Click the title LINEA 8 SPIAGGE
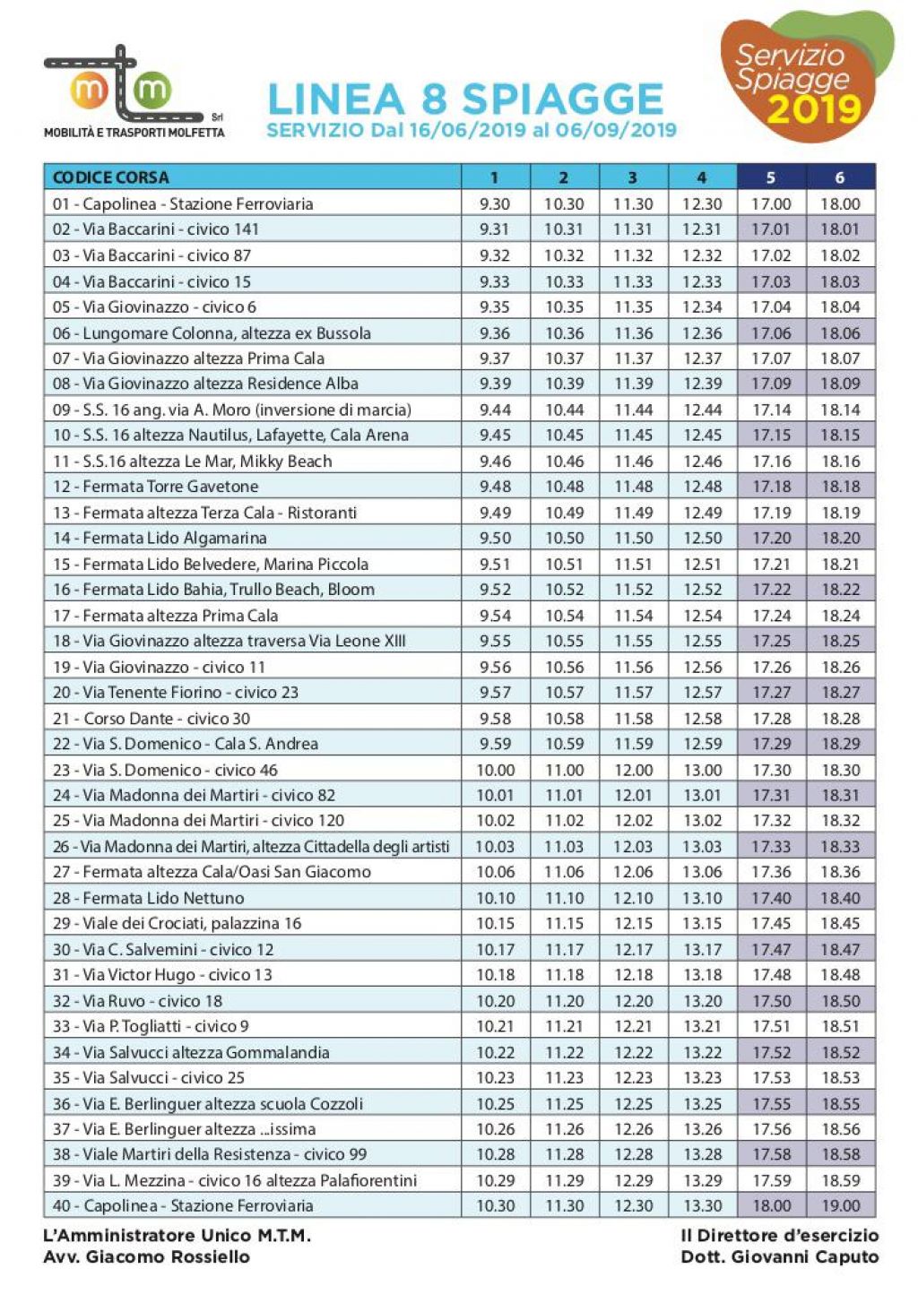pos(465,99)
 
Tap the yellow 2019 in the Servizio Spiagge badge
pos(813,109)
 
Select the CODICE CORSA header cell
pos(111,177)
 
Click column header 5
pos(771,177)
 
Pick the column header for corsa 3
pos(633,177)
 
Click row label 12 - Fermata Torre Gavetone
pos(156,487)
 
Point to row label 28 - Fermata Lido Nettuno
pos(149,898)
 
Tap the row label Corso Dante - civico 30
pos(152,718)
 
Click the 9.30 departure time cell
pos(495,203)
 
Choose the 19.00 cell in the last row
pos(840,1206)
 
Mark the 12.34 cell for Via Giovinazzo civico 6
pos(702,306)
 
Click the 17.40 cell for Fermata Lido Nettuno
pos(771,898)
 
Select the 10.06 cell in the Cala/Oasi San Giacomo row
pos(495,872)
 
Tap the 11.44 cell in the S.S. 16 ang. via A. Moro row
pos(633,410)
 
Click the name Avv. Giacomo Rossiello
pos(147,1256)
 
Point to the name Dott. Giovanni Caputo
pos(779,1256)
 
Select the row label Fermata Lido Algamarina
pos(160,538)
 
